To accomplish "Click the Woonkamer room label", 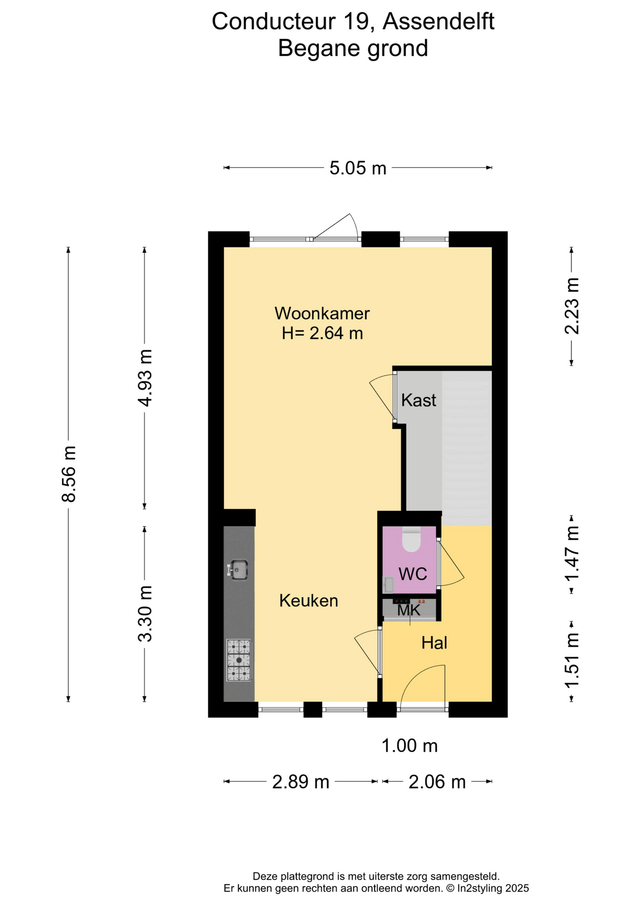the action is point(322,313).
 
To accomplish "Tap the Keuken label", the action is point(309,601).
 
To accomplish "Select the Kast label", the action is point(418,400).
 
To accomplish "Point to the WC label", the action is point(413,574).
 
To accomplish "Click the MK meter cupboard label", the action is point(409,610).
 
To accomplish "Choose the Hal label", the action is point(434,643).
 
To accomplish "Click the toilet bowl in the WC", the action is point(411,539).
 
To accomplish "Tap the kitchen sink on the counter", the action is point(238,570).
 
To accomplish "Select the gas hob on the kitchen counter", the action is point(239,660).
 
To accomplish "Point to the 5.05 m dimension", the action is point(358,168).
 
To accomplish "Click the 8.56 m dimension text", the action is point(69,473).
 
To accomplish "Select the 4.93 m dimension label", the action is point(145,378).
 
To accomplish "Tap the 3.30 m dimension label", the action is point(145,613).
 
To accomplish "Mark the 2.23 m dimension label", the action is point(572,306).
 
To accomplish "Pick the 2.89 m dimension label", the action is point(301,782).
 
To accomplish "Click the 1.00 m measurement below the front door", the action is point(410,746).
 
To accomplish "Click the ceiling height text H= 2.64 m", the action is point(322,333).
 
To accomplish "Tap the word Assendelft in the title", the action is point(438,21).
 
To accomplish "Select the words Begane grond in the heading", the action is point(353,48).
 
